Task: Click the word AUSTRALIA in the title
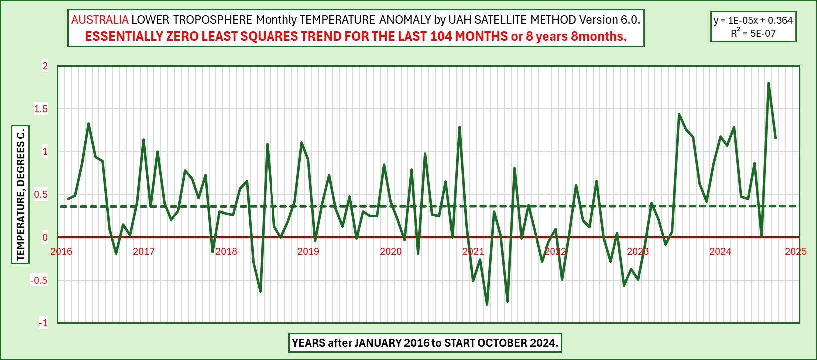(100, 20)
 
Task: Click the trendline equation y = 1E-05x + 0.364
(753, 21)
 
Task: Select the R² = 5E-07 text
(753, 33)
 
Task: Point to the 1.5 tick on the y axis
(41, 109)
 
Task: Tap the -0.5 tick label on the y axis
(39, 280)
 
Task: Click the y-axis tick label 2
(45, 66)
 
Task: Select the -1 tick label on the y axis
(43, 323)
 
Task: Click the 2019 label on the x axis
(308, 251)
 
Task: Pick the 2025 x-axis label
(796, 251)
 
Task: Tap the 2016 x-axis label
(61, 251)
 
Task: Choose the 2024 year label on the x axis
(720, 251)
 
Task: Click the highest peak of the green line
(768, 83)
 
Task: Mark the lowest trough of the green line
(487, 304)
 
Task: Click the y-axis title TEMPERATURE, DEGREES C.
(21, 194)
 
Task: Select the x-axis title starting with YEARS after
(425, 343)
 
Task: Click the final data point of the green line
(775, 138)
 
